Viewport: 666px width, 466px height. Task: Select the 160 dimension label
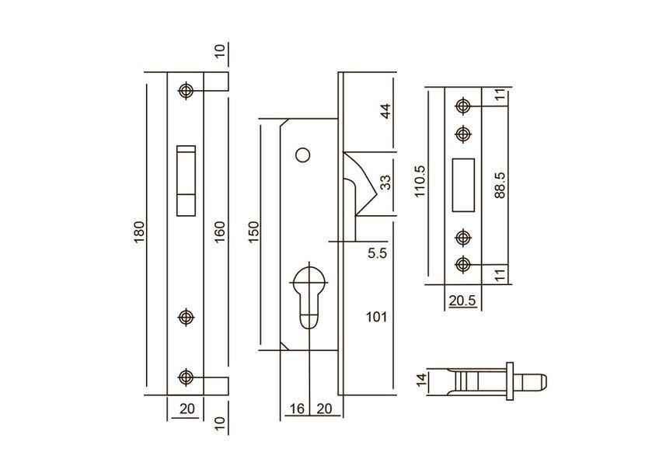[219, 232]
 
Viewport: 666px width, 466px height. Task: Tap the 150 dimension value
[253, 232]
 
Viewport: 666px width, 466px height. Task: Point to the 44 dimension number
[385, 111]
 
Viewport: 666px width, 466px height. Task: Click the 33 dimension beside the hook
[385, 183]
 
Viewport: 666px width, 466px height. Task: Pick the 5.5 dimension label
[377, 254]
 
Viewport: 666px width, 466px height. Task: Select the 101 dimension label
[376, 317]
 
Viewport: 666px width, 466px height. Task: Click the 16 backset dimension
[297, 409]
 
